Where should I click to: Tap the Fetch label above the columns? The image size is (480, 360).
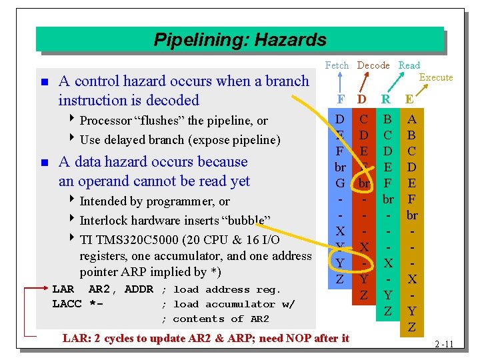(x=337, y=65)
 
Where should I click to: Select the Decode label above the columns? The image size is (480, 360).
(x=373, y=65)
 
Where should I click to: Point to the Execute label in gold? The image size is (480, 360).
(x=435, y=77)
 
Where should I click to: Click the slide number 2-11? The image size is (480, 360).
(x=443, y=344)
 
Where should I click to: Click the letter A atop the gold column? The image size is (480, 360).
(x=412, y=119)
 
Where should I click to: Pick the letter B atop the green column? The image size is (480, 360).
(x=387, y=119)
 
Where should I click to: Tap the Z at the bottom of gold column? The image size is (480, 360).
(x=412, y=327)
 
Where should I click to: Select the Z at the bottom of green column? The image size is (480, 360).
(x=387, y=311)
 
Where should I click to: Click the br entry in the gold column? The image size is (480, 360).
(x=412, y=215)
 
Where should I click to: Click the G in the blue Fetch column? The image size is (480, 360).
(x=340, y=183)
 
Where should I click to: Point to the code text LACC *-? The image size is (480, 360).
(x=77, y=304)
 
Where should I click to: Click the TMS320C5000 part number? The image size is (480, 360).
(x=135, y=239)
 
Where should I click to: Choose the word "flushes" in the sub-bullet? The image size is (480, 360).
(x=159, y=121)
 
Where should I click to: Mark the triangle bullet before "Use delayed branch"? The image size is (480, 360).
(x=73, y=140)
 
